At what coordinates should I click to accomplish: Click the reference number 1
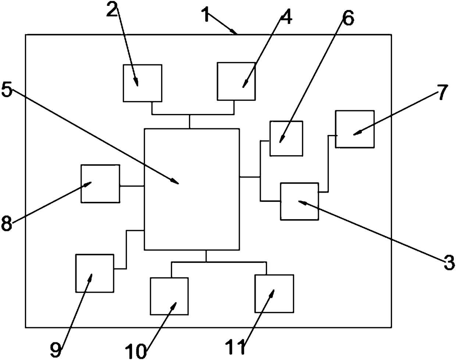coord(206,14)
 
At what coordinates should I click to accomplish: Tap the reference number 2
coord(112,9)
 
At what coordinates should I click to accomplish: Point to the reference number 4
coord(286,17)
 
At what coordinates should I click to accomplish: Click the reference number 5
coord(7,90)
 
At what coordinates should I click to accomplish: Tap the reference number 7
coord(442,92)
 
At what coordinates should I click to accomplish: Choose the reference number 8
coord(7,223)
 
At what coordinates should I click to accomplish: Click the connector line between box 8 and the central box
coord(132,186)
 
